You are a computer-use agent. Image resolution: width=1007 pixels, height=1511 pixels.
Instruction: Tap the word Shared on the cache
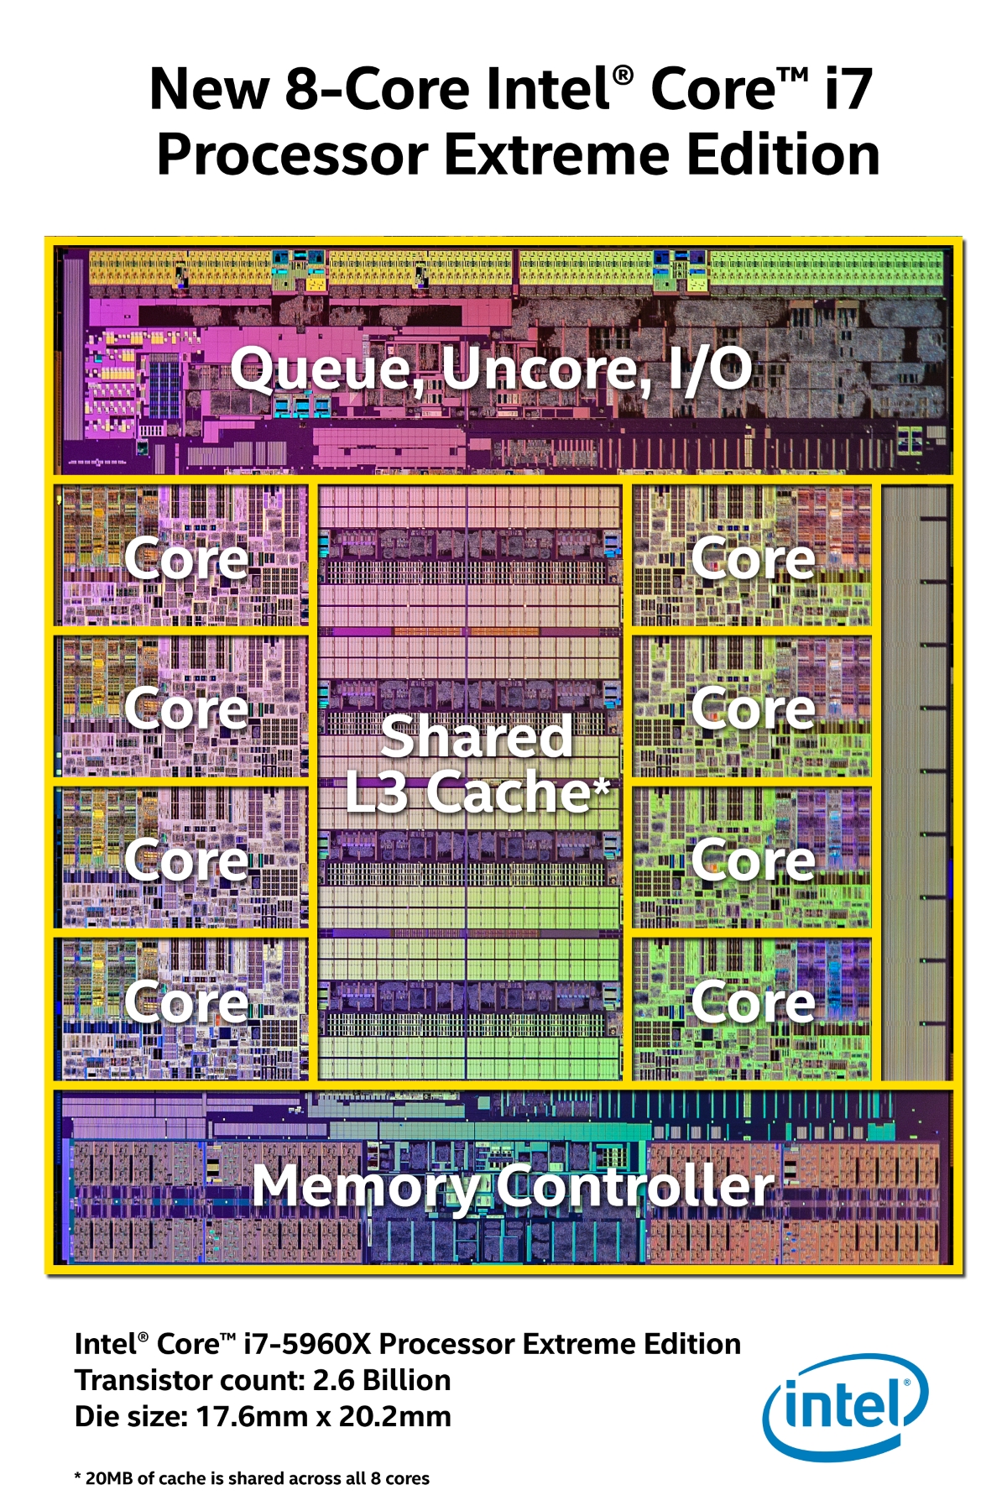[476, 737]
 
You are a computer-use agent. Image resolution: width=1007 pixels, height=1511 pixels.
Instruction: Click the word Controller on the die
[634, 1186]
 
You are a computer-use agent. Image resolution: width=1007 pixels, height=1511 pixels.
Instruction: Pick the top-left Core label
[186, 559]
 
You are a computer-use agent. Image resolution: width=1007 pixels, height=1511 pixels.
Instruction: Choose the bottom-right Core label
[753, 1002]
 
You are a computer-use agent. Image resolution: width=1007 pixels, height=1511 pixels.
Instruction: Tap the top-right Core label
[753, 559]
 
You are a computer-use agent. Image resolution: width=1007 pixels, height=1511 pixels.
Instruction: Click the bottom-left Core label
[186, 1002]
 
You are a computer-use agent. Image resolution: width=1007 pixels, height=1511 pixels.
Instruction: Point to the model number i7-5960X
[306, 1344]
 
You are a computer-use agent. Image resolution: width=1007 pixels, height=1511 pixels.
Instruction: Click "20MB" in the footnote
[109, 1478]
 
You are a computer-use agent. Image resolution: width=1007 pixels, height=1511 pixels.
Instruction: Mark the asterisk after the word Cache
[602, 787]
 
